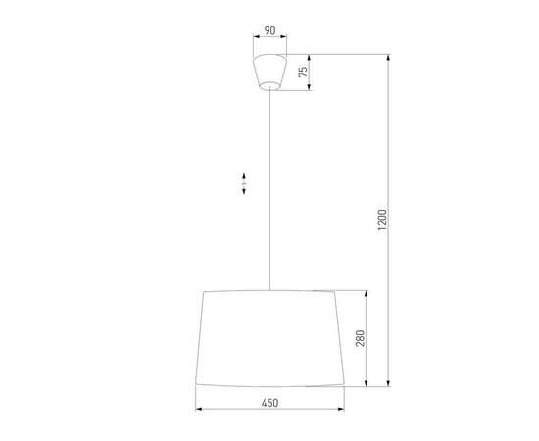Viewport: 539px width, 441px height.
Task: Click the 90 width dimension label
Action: tap(269, 30)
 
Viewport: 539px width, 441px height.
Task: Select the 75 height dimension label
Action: tap(304, 71)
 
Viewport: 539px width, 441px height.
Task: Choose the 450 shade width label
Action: tap(269, 401)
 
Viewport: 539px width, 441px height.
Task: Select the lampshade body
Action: tap(269, 338)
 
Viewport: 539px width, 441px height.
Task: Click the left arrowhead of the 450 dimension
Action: tap(199, 409)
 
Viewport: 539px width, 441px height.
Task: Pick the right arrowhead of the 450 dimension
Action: tap(340, 409)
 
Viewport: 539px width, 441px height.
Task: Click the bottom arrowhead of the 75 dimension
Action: tap(311, 88)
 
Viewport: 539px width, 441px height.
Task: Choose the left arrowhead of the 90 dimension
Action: tap(253, 39)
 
